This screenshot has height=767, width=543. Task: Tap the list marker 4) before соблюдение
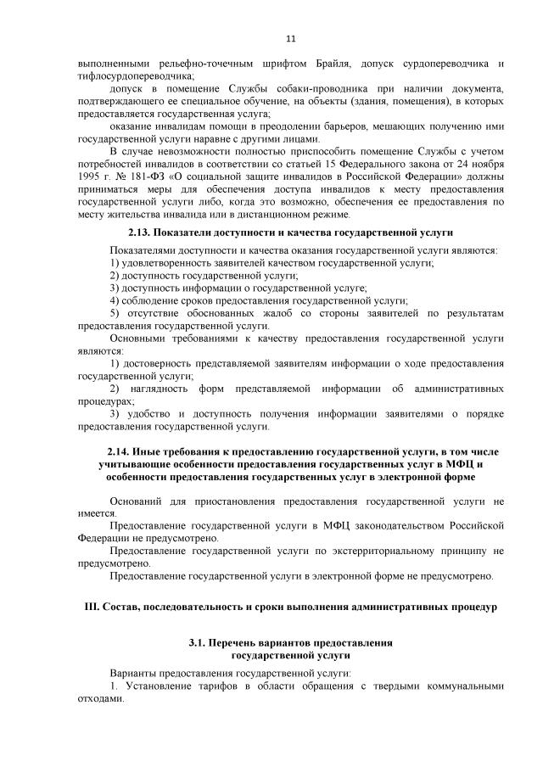pos(115,300)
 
